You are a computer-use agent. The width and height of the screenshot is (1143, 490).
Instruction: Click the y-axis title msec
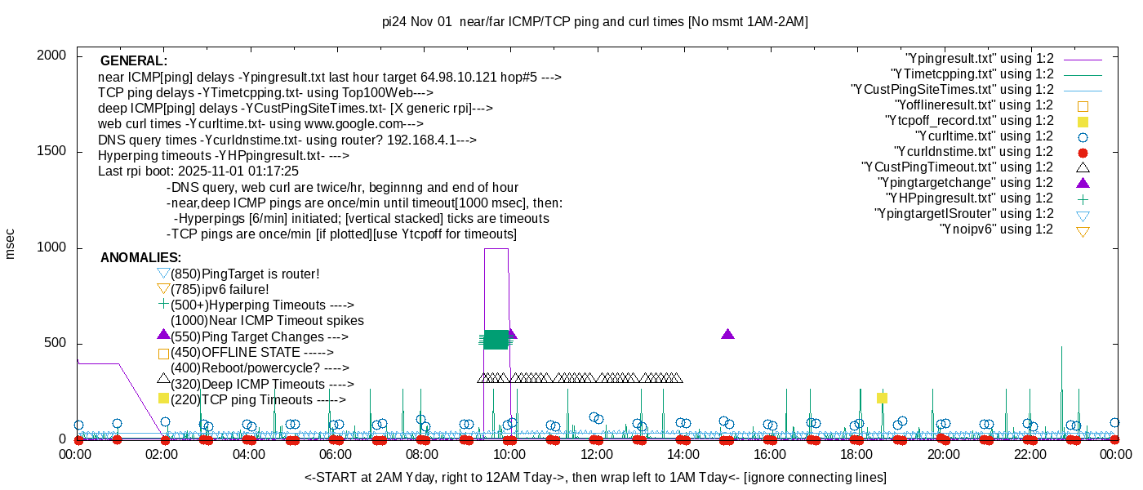point(11,243)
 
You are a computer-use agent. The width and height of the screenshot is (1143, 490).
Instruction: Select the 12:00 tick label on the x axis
point(596,455)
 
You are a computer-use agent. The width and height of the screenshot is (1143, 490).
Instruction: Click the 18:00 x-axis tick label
point(856,455)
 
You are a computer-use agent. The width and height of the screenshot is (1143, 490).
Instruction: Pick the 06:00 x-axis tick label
point(336,455)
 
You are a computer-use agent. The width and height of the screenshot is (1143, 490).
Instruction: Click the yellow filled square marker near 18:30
point(882,398)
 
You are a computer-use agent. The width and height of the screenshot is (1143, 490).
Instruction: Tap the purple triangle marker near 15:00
point(728,334)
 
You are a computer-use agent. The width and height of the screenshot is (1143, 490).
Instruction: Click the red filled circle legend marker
point(1083,153)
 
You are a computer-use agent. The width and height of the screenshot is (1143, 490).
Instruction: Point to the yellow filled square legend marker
point(1083,122)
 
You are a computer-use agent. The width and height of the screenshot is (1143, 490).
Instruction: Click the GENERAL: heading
point(133,61)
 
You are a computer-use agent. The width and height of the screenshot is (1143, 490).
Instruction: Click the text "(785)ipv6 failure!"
point(220,289)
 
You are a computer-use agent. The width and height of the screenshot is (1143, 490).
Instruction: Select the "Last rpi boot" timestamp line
point(198,171)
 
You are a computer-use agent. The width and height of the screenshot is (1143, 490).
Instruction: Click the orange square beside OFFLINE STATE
point(163,354)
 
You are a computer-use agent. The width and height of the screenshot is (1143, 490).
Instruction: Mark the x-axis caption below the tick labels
point(595,477)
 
